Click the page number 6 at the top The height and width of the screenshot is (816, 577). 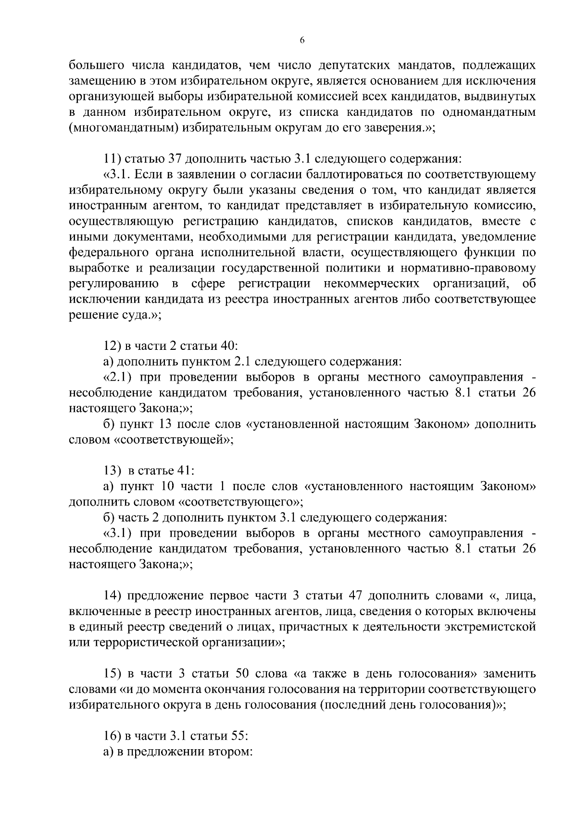(302, 41)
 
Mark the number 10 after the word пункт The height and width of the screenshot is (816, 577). (168, 486)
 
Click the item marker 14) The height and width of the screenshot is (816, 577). (115, 596)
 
